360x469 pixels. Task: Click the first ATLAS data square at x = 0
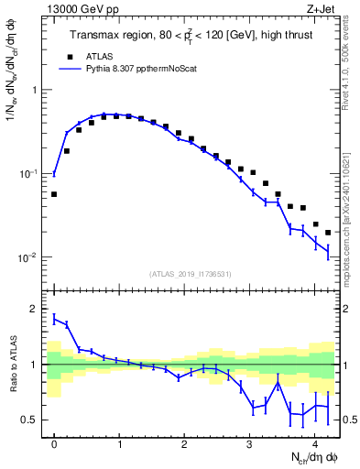click(54, 194)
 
